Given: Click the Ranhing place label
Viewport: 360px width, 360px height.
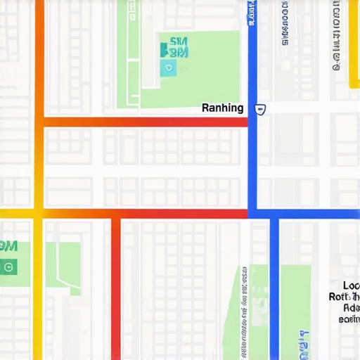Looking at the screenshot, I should coord(222,108).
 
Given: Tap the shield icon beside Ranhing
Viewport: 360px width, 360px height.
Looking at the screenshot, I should coord(261,109).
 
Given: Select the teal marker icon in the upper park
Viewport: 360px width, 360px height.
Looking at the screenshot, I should coord(167,67).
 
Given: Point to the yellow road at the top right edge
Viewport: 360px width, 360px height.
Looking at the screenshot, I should coord(353,42).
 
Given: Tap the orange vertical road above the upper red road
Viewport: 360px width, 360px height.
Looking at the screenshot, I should coord(39,56).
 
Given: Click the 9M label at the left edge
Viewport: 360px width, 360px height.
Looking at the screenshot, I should coord(8,246).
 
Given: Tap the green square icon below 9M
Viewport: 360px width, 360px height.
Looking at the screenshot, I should coord(8,267).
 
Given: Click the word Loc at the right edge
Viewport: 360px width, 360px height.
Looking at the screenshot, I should coord(351,285).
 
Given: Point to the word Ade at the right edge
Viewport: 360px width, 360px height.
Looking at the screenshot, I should coord(351,308).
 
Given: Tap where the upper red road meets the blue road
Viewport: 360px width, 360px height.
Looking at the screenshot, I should coord(252,122).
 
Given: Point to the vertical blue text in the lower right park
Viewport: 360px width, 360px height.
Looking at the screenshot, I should coord(303,341).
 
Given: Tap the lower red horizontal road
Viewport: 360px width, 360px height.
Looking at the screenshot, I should coord(176,213).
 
